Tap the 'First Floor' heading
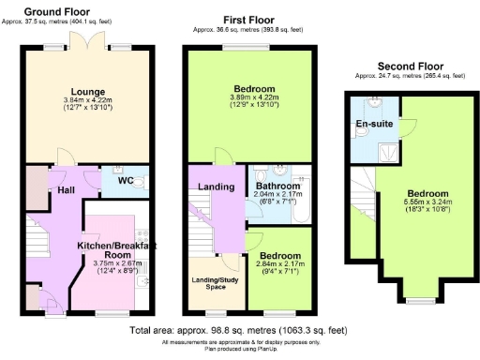point(247,19)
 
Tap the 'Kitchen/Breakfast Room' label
point(115,249)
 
